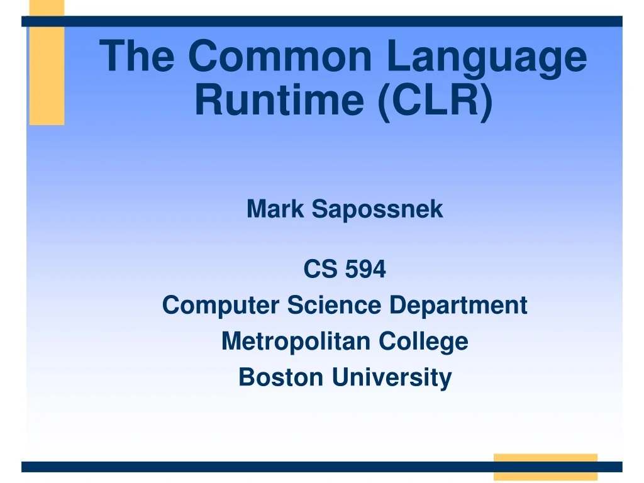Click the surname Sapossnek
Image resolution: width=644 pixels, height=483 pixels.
pos(377,209)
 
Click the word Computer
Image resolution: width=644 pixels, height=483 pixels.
pos(221,306)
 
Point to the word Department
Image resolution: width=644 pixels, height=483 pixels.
pos(458,306)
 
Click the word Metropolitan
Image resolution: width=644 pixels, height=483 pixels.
pos(296,341)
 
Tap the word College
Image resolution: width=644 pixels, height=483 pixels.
pos(423,341)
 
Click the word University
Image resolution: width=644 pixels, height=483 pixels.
pos(392,377)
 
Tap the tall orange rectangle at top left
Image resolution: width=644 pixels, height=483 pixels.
pos(47,75)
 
